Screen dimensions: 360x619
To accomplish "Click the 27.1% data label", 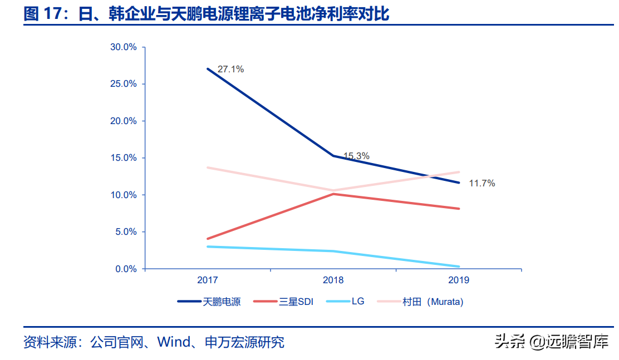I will coord(230,70).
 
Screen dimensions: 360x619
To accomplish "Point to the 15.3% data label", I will coord(356,156).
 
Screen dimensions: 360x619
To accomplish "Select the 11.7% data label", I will coord(482,183).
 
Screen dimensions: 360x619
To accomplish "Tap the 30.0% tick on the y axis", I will coord(123,47).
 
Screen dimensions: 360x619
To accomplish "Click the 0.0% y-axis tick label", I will coord(125,269).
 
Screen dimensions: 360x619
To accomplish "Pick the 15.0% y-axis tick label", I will coord(123,158).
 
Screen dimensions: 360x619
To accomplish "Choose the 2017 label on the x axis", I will coord(208,280).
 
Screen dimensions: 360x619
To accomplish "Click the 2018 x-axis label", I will coord(333,280).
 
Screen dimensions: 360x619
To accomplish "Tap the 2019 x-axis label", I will coord(459,280).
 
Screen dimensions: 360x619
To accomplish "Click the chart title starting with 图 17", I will coord(207,14).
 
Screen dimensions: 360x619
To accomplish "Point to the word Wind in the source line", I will coord(174,342).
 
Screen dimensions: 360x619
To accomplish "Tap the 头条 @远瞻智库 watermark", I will coord(551,341).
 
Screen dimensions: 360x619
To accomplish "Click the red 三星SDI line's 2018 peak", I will coord(333,194).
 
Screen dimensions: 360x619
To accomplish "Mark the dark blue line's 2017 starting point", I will coord(208,68).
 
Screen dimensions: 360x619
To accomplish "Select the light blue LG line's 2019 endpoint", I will coord(459,267).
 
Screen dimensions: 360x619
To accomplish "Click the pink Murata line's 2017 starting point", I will coord(208,167).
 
